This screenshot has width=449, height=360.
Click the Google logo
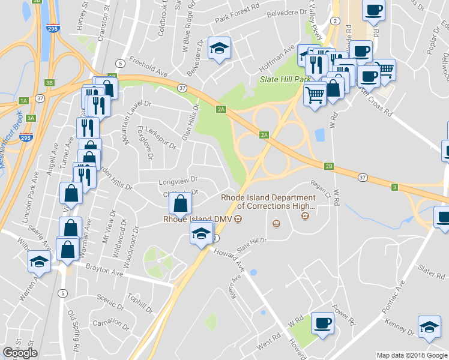click(20, 353)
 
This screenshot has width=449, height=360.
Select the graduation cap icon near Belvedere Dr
click(219, 48)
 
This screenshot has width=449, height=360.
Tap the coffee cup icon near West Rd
click(322, 324)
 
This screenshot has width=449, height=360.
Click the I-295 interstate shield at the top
click(52, 28)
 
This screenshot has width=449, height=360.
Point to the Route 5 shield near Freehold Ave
click(121, 63)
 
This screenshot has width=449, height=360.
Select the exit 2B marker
click(328, 166)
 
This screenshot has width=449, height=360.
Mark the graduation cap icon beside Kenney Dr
click(429, 326)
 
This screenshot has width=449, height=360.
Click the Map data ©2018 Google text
click(411, 355)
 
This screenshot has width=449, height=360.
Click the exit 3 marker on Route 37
click(394, 188)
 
